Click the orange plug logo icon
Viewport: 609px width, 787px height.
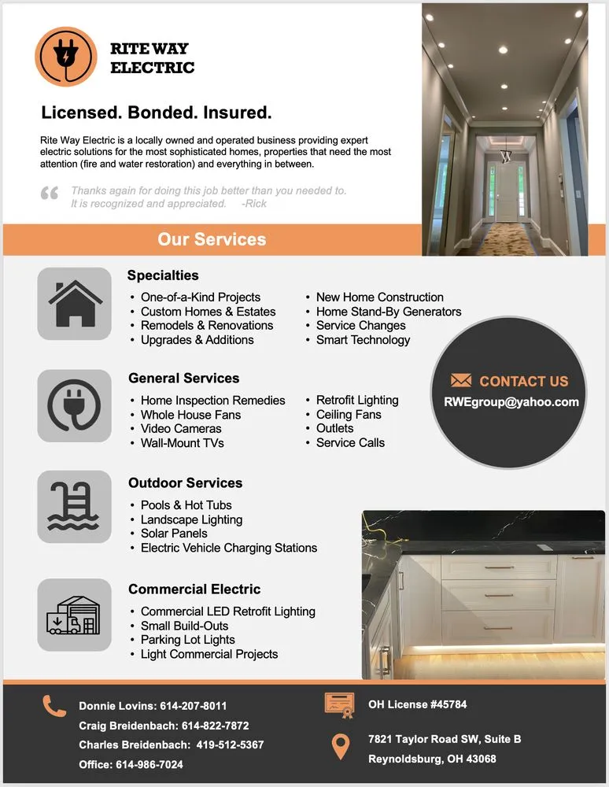(x=66, y=57)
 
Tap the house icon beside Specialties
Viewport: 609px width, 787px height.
(x=75, y=304)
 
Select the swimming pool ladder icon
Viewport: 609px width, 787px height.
(x=75, y=506)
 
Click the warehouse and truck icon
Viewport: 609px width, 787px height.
(x=75, y=615)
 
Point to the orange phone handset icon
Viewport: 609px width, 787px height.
(x=54, y=706)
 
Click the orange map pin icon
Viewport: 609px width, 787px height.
(x=340, y=747)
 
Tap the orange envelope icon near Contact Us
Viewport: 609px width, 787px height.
(x=461, y=381)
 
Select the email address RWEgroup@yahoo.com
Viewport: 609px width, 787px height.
(x=511, y=401)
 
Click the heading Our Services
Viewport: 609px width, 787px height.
(x=212, y=239)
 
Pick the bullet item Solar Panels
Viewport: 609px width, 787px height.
(x=174, y=534)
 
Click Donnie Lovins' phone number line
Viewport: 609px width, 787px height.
(x=153, y=706)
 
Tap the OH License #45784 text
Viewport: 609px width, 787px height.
(x=417, y=704)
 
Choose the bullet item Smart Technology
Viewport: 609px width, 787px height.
(x=363, y=340)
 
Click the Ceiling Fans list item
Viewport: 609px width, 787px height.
(x=348, y=415)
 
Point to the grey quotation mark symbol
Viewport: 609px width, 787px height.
(x=49, y=194)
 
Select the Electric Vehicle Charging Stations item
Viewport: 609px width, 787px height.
(x=228, y=548)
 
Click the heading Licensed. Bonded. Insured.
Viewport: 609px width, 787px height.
(x=156, y=112)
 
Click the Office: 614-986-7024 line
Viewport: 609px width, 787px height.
(x=131, y=764)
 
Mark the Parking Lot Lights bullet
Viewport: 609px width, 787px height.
(x=187, y=640)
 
